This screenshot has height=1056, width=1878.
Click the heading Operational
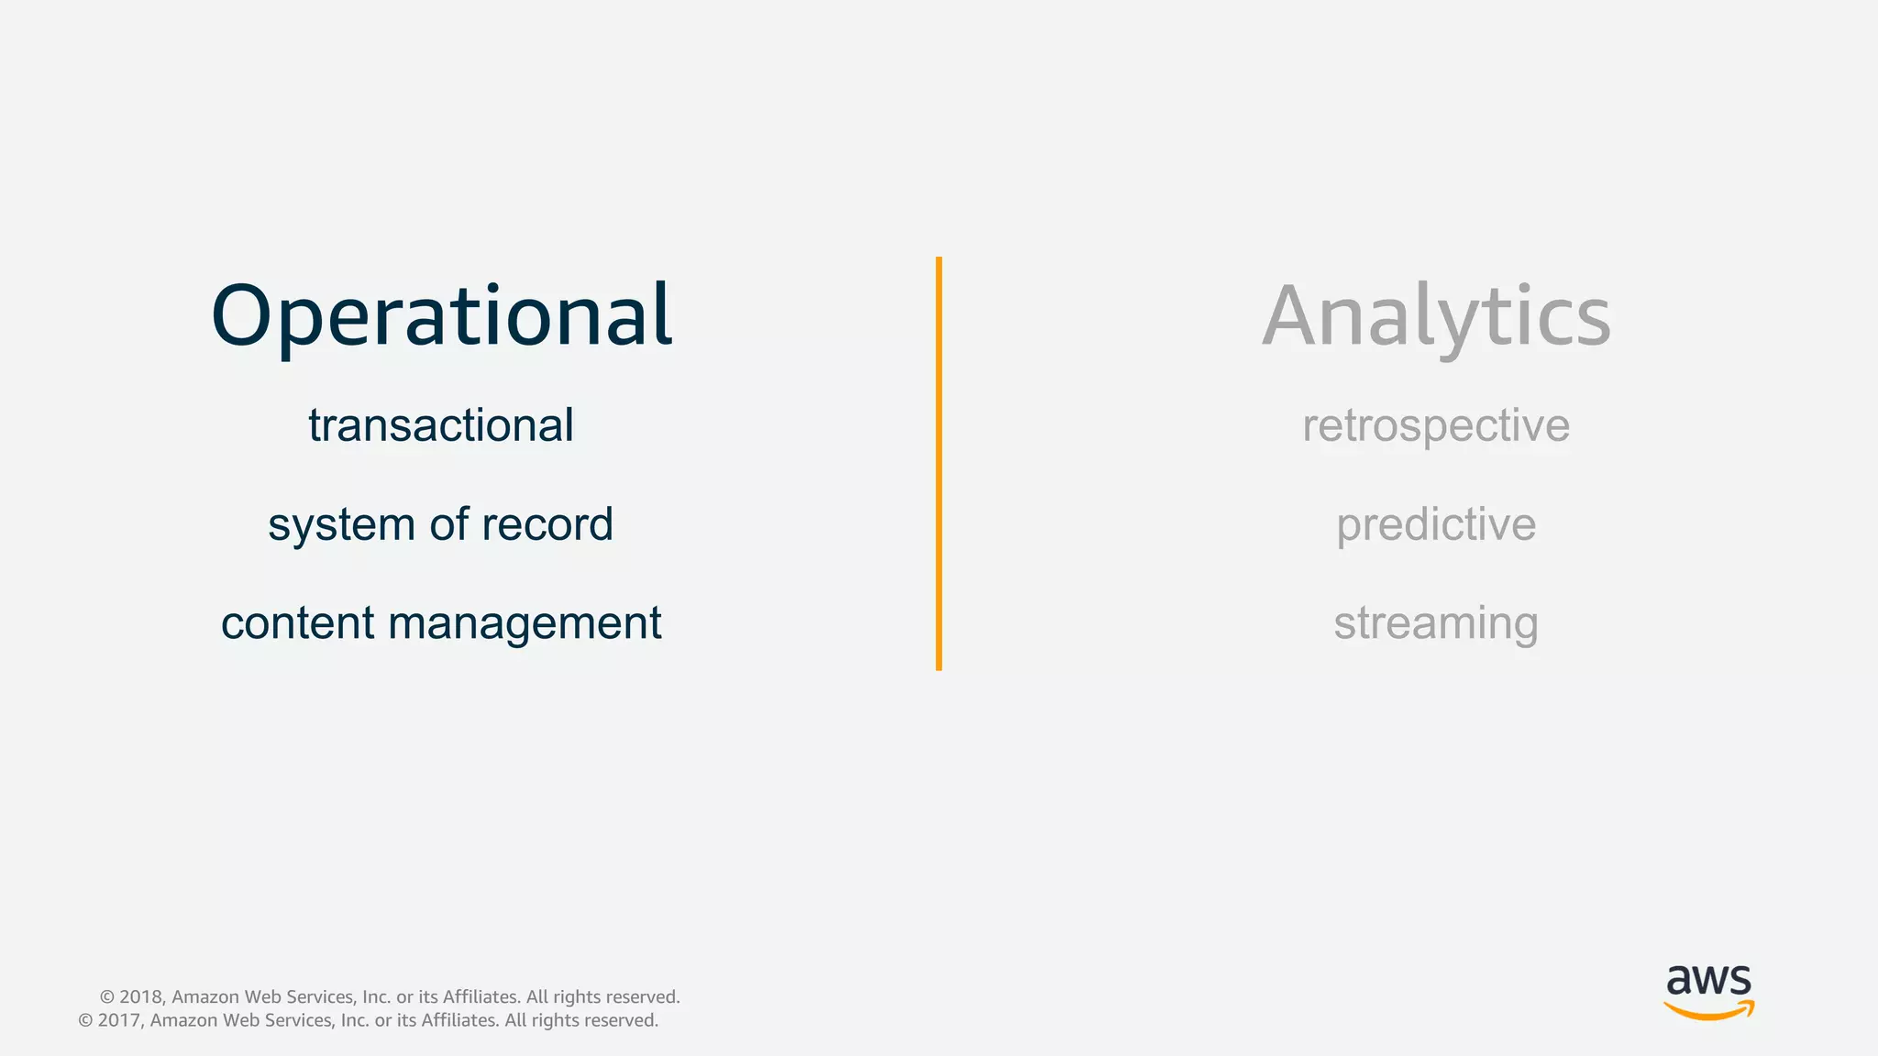point(441,316)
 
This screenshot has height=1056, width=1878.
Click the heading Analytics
point(1436,316)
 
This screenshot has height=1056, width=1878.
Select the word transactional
point(441,425)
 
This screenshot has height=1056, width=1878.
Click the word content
point(298,623)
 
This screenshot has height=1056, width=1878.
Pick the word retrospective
point(1436,426)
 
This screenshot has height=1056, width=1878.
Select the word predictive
point(1436,525)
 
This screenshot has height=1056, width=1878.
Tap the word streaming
point(1436,624)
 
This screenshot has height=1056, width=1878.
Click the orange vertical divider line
point(939,463)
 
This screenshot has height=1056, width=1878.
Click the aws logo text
point(1708,981)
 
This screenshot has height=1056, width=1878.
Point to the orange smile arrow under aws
point(1708,1011)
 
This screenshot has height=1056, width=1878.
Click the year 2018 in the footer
point(140,997)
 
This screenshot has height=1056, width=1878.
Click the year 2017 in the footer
point(118,1021)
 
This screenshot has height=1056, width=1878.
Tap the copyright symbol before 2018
point(106,997)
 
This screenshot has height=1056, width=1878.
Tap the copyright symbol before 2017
point(85,1021)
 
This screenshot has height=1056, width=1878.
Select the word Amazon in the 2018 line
point(205,997)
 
